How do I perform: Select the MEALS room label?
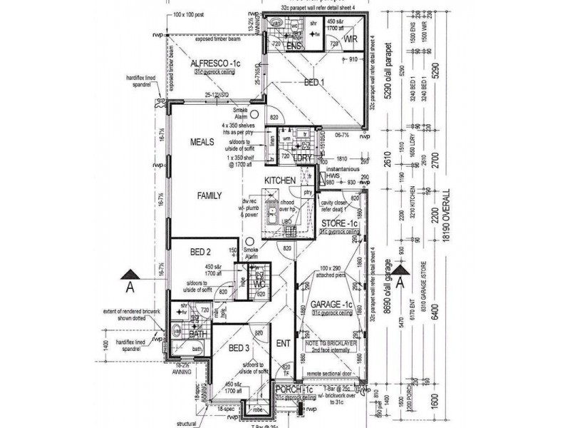coord(202,143)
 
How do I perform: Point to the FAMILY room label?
coord(209,195)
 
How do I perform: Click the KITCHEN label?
coord(279,181)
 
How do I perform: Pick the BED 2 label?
coord(200,252)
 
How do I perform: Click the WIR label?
coord(351,39)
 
